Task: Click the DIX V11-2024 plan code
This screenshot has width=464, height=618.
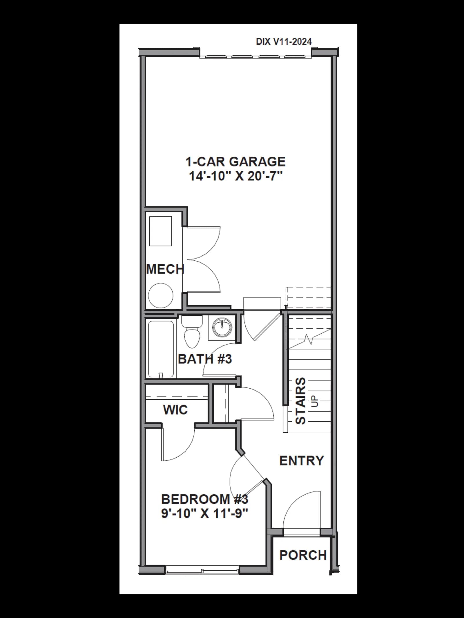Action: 284,42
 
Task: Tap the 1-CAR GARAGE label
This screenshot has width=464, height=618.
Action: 235,162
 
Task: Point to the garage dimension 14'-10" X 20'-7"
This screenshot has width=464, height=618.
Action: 235,176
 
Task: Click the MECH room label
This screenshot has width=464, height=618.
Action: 165,269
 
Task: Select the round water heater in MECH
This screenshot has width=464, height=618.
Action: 161,295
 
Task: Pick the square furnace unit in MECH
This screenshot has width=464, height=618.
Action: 160,231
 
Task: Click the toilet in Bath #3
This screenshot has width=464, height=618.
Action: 192,332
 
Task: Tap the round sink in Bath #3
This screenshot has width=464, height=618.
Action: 222,327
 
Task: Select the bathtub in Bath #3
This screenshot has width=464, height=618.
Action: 161,349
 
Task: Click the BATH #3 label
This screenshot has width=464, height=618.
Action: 205,359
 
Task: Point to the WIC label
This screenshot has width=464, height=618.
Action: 175,410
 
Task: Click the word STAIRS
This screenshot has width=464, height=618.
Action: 300,401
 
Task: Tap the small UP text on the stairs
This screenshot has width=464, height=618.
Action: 315,401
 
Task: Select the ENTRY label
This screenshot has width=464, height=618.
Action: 302,461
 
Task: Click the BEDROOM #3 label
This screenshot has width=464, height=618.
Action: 205,499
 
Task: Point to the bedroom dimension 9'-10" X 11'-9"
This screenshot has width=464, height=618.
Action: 205,513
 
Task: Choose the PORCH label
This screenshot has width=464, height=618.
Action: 303,555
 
